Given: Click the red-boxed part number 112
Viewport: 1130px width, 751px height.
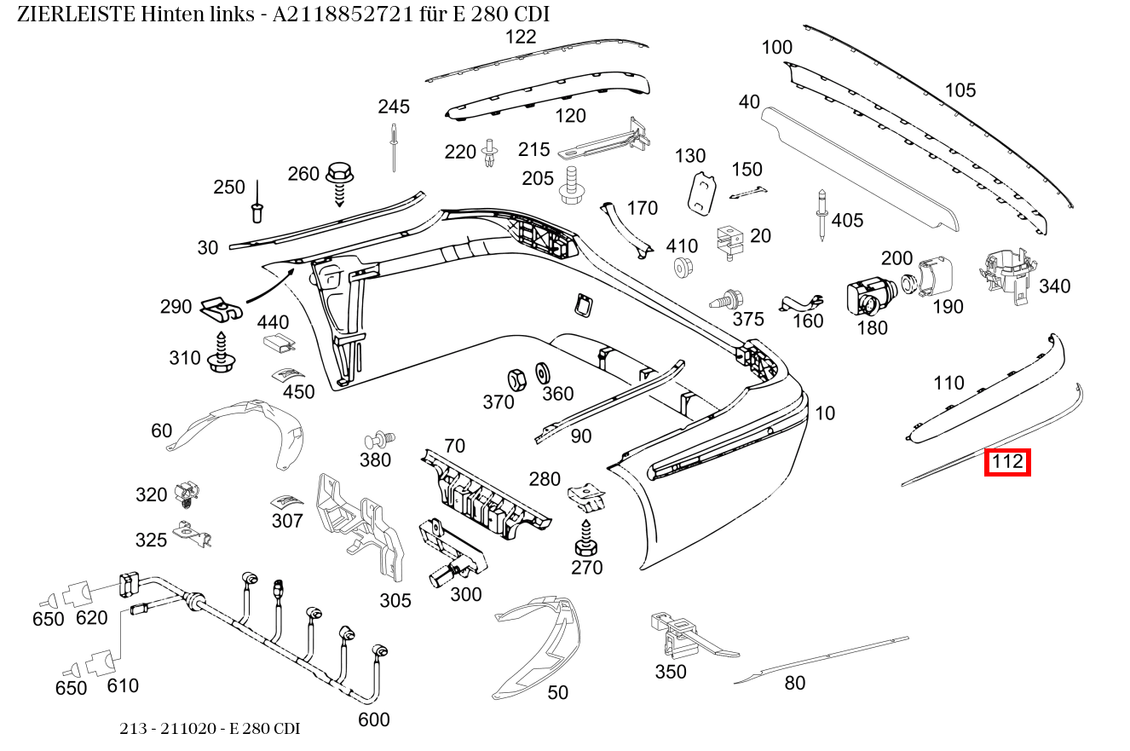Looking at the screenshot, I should pos(1007,462).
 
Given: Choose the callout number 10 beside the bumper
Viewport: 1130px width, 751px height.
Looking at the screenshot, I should pos(825,413).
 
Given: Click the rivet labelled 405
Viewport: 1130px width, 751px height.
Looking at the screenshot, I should pos(821,213).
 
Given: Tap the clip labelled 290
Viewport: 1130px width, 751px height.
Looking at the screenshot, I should pos(222,309).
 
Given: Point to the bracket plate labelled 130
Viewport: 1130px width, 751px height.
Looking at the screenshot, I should pos(700,192).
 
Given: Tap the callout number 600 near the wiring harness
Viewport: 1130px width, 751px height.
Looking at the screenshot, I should pos(373,719).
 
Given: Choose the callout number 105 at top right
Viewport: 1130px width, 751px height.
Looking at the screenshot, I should pos(960,90).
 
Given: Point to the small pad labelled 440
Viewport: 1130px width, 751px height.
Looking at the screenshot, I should pos(278,343).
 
